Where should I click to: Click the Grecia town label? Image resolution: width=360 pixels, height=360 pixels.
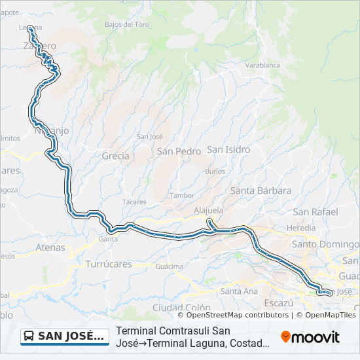[115, 156]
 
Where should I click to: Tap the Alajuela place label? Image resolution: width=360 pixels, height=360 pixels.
[209, 210]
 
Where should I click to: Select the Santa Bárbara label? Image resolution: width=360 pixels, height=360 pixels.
[261, 190]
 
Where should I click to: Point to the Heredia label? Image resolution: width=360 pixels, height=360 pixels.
[301, 227]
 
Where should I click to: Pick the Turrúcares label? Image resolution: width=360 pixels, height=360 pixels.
[109, 264]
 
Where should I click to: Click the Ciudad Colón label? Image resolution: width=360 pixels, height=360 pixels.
[181, 307]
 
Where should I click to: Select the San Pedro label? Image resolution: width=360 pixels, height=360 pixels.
[179, 151]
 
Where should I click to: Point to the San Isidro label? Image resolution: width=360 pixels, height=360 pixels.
[228, 149]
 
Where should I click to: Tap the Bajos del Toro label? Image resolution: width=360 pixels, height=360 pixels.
[127, 24]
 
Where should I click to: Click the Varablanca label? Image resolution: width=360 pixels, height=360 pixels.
[262, 65]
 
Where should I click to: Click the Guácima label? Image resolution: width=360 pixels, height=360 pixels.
[169, 266]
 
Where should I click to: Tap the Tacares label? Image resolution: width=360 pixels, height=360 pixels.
[134, 202]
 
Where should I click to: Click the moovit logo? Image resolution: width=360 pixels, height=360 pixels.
[310, 337]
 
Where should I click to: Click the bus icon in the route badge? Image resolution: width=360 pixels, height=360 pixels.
[29, 336]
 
